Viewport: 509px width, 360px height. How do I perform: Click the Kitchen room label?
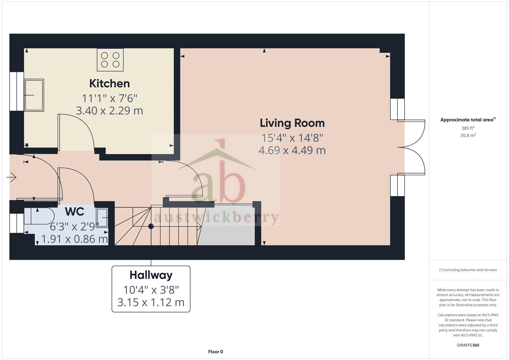(x=109, y=83)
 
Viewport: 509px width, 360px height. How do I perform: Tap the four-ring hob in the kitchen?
(x=110, y=60)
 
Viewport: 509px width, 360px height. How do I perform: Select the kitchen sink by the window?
(x=34, y=95)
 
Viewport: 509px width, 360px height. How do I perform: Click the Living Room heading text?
(x=292, y=123)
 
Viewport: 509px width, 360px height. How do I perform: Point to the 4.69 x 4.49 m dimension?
(x=292, y=150)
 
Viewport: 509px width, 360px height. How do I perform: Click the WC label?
(x=75, y=212)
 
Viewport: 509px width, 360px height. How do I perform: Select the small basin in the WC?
(x=102, y=218)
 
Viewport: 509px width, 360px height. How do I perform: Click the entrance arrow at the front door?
(x=11, y=177)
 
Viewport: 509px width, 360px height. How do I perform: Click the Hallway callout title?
(x=151, y=275)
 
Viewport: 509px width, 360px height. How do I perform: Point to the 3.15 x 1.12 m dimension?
(x=151, y=302)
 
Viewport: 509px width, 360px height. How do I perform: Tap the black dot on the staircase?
(x=151, y=226)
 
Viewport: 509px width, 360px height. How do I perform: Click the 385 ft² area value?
(x=468, y=128)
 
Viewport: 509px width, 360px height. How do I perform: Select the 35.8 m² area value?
(x=468, y=135)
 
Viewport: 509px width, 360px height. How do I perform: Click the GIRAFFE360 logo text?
(x=468, y=345)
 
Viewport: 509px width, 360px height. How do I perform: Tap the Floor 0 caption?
(x=216, y=352)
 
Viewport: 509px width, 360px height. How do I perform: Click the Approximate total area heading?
(x=468, y=120)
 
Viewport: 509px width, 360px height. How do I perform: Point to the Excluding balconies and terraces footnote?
(x=468, y=270)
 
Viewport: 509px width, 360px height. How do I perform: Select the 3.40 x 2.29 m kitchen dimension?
(x=109, y=111)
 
